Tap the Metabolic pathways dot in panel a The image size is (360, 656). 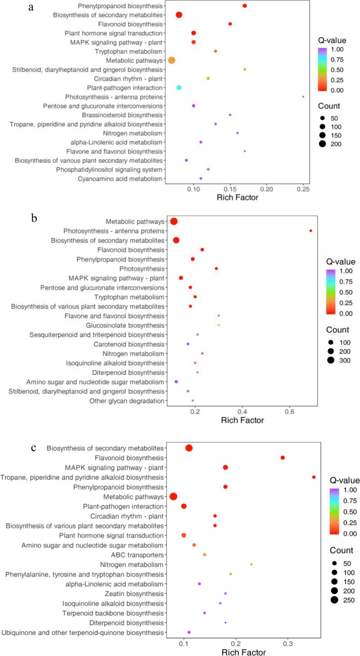pos(172,60)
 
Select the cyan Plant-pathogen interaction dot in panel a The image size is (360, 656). pos(179,87)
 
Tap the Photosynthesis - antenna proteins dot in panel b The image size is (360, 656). pos(311,231)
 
